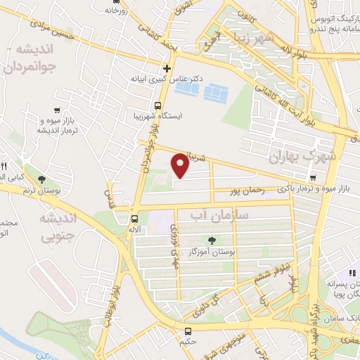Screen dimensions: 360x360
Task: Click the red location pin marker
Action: tap(181, 166)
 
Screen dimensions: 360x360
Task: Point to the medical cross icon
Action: tap(167, 68)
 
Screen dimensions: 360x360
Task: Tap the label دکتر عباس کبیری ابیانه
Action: tap(170, 79)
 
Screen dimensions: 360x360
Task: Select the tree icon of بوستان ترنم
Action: tap(44, 181)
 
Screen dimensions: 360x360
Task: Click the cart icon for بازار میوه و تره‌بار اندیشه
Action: tap(56, 110)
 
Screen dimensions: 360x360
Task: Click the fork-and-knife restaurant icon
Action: tap(4, 166)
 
